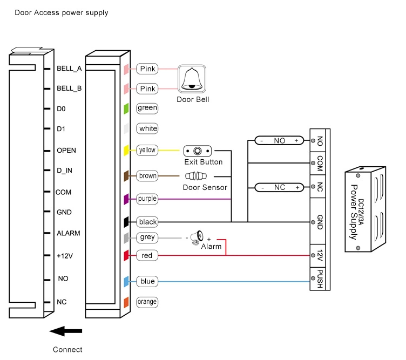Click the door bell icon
[192, 79]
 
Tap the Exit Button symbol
[198, 151]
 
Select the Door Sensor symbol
[197, 176]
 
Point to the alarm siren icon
[198, 236]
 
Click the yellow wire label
[147, 150]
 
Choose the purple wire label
[147, 199]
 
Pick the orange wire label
[147, 302]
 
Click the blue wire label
[147, 281]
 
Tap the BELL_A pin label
[69, 69]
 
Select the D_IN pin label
[65, 171]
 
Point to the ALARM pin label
[69, 233]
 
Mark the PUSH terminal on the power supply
[320, 279]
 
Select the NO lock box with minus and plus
[279, 140]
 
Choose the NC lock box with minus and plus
[279, 187]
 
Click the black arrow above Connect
[65, 331]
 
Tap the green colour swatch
[126, 108]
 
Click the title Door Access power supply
[61, 12]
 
